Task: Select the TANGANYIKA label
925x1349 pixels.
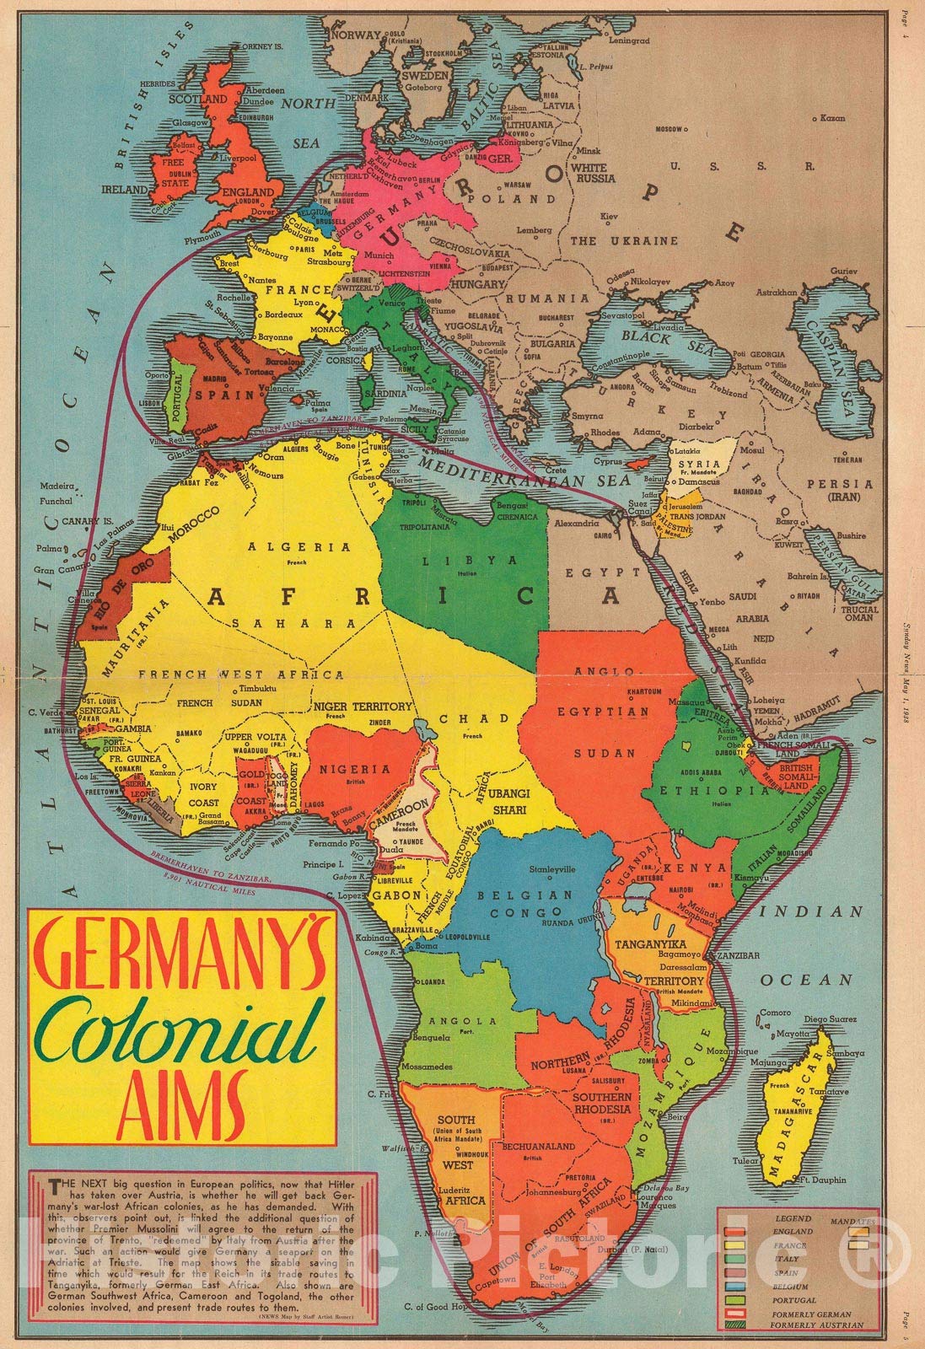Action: tap(652, 943)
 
